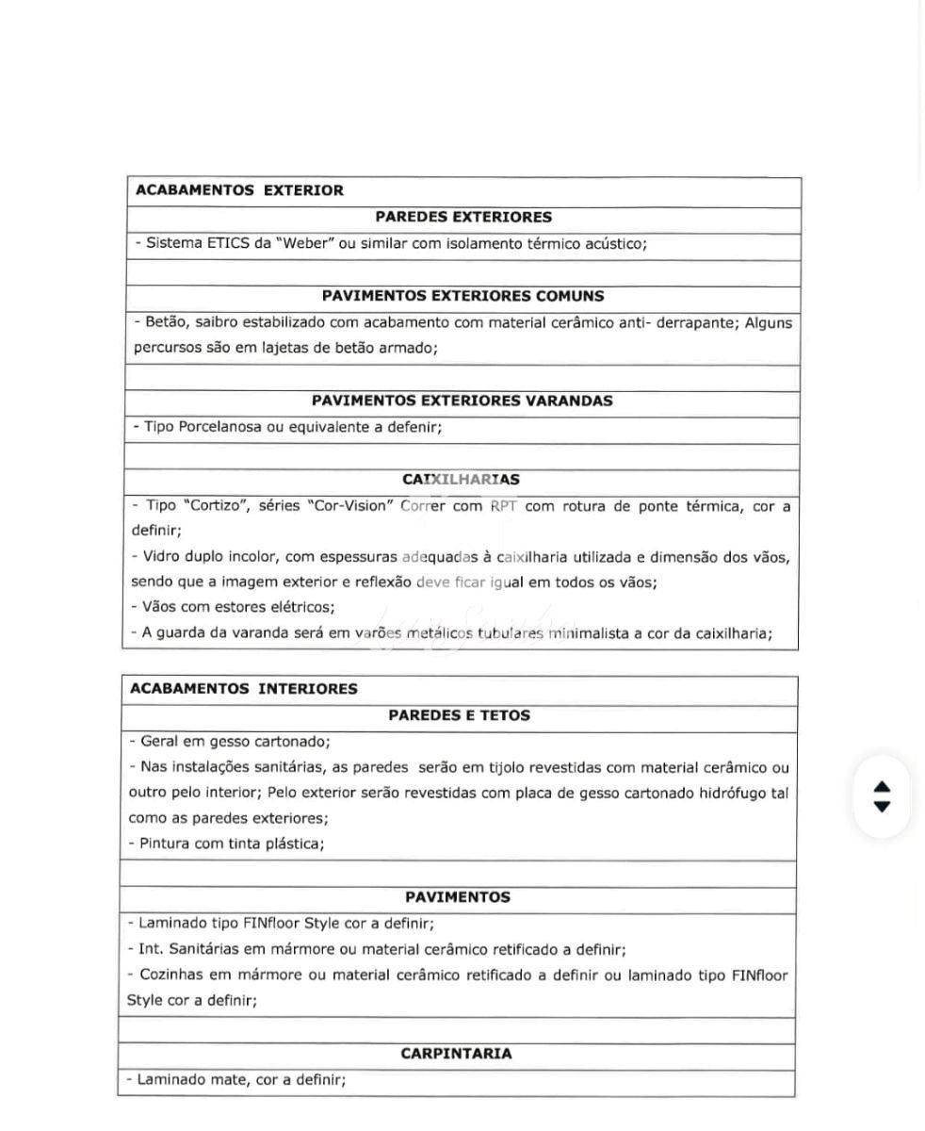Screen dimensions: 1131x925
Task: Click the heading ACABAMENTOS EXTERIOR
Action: point(239,190)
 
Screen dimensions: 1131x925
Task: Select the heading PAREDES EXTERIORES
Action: point(463,217)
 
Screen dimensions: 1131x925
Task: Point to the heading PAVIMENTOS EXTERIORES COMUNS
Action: point(462,296)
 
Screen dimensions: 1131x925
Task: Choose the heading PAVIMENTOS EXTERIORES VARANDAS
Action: point(462,401)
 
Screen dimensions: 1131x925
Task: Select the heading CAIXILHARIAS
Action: point(461,480)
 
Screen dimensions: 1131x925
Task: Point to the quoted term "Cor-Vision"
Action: point(349,506)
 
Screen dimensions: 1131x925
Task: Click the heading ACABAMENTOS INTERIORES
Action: point(243,689)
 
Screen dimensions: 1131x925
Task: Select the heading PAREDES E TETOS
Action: point(459,715)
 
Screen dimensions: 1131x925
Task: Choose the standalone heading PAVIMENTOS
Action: point(458,897)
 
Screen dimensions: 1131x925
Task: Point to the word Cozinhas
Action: point(170,975)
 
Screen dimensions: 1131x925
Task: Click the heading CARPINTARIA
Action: point(456,1054)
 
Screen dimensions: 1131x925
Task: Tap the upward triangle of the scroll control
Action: point(882,787)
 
